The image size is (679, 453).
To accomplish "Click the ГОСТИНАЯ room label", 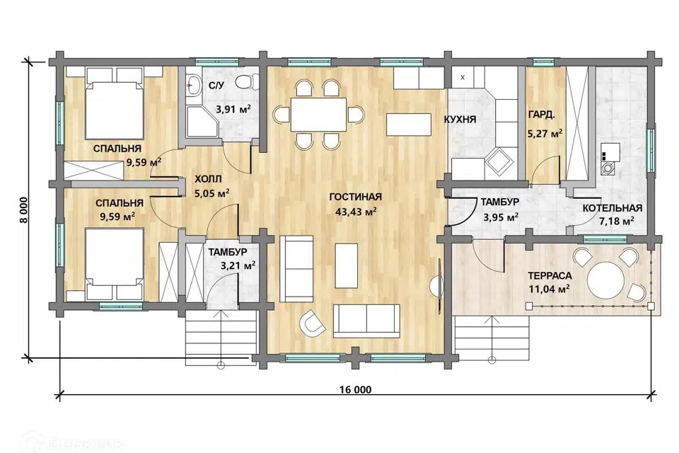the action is [356, 197].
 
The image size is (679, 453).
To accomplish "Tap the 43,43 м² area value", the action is [356, 212].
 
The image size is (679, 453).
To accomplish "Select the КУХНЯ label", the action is [460, 120].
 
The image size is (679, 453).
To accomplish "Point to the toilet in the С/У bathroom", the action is [248, 81].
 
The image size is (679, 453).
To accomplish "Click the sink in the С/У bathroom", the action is [193, 84].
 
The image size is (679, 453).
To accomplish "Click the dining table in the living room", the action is [319, 115].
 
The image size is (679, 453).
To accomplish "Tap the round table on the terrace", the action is [605, 279].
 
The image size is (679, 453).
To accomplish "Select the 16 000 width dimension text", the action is [355, 390].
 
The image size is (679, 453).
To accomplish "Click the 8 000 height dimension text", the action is [24, 210].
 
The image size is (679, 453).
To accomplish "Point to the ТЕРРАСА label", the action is [550, 276].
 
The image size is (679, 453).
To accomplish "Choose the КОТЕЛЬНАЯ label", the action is [613, 209].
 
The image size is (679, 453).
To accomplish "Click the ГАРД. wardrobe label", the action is [541, 115].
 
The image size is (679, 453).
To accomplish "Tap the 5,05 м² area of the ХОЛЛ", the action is [212, 193].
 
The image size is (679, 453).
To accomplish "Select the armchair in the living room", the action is [313, 323].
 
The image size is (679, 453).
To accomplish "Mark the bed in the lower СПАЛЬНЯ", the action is [115, 264].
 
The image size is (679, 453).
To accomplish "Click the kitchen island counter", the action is [410, 124].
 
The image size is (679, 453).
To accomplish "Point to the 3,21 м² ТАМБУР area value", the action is [238, 265].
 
